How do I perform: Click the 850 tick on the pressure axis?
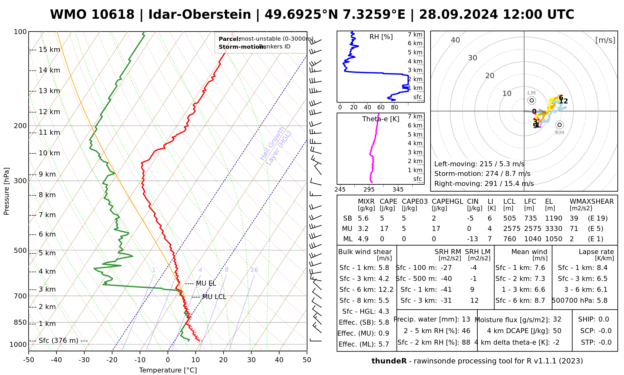tap(20, 322)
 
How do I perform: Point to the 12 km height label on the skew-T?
tap(49, 112)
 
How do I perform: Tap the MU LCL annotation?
tap(214, 297)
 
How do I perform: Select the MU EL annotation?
tap(206, 283)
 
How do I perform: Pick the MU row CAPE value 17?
tap(384, 229)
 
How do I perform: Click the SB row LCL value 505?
tap(509, 218)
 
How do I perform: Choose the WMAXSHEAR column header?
tap(592, 202)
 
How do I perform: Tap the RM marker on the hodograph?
tap(560, 125)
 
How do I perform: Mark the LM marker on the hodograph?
tap(532, 100)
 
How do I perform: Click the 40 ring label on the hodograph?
tap(456, 40)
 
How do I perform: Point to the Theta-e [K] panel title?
tap(381, 119)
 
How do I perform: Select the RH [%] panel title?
tap(381, 37)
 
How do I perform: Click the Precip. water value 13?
tap(466, 319)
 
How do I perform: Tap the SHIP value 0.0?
tap(604, 319)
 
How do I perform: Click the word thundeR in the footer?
tap(389, 361)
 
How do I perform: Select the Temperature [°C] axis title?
tap(168, 370)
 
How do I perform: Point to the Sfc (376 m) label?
tap(58, 340)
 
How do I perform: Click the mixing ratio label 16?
tap(254, 270)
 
